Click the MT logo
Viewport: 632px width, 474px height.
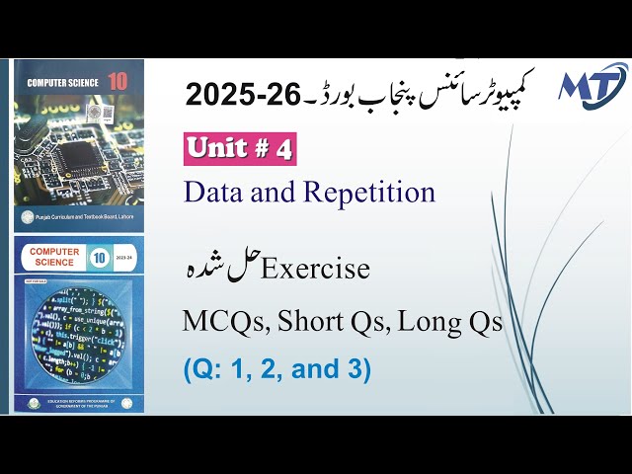(591, 87)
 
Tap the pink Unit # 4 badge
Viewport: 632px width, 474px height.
(240, 149)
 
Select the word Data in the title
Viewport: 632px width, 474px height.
(213, 192)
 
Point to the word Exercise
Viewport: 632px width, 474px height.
(315, 269)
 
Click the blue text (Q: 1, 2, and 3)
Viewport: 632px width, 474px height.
(277, 370)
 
